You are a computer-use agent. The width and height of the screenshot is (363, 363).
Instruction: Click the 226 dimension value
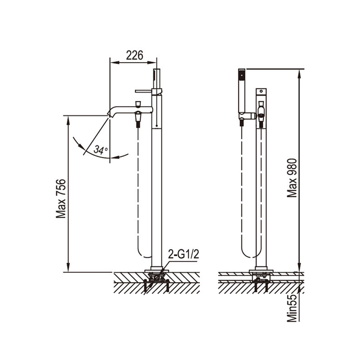[x=134, y=55]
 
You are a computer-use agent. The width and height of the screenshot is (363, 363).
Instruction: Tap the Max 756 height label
[x=61, y=198]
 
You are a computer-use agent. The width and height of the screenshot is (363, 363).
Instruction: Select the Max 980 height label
[x=292, y=178]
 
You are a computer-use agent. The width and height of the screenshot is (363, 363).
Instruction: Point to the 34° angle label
[x=101, y=150]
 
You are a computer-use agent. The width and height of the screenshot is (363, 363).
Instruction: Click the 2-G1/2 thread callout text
[x=183, y=255]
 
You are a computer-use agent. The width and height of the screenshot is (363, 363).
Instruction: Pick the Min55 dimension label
[x=292, y=308]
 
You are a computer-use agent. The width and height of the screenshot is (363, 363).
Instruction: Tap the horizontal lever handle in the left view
[x=143, y=91]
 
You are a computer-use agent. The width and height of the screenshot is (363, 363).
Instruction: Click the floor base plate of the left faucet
[x=157, y=270]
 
